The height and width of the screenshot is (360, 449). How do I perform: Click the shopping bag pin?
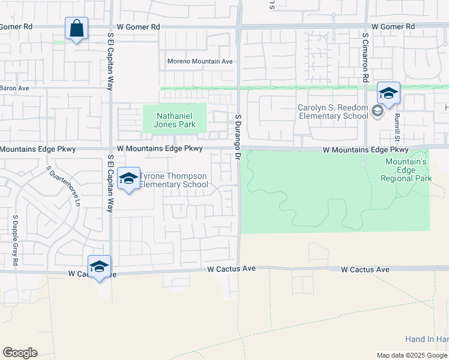[x=77, y=29]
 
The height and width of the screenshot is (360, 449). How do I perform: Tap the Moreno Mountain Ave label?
[x=199, y=61]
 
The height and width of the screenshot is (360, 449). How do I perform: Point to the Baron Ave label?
[x=14, y=88]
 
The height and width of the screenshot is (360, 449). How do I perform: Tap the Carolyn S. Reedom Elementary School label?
[x=333, y=112]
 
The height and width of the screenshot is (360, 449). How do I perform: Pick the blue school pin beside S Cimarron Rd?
[x=388, y=94]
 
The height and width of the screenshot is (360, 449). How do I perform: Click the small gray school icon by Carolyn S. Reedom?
[x=377, y=111]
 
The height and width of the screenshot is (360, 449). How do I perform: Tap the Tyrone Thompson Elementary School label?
[x=173, y=180]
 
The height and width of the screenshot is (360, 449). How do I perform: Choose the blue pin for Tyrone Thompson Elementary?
[x=128, y=179]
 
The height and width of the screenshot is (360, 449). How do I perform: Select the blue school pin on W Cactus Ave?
[x=99, y=268]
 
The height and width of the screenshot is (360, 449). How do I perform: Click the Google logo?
[x=20, y=353]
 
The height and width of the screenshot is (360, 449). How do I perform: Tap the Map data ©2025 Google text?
[x=411, y=355]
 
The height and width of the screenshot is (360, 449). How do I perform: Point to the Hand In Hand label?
[x=427, y=340]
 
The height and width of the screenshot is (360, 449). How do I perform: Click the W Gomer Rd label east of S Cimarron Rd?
[x=393, y=27]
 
